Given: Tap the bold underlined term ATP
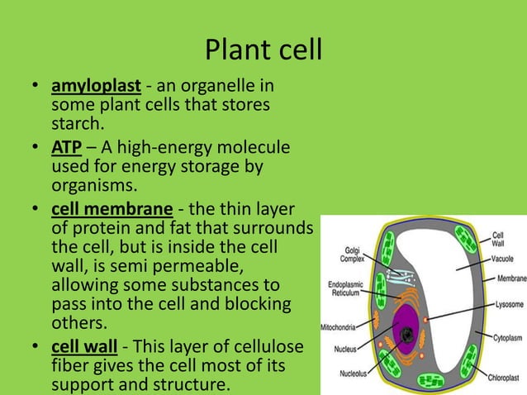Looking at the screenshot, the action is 66,148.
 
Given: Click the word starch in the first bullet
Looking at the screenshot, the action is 77,125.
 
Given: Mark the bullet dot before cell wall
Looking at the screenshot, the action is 36,345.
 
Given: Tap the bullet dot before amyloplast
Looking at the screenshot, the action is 36,87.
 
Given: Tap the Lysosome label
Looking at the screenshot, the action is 506,305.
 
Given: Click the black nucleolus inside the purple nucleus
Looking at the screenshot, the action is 407,335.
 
